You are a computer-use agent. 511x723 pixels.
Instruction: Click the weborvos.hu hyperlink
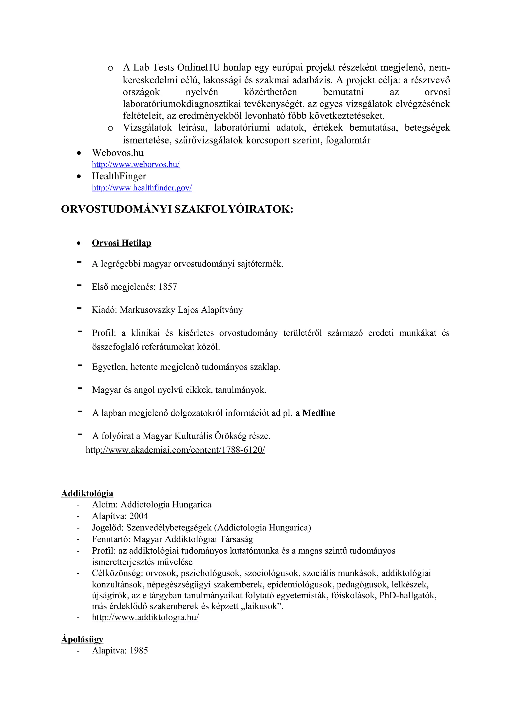click(x=135, y=164)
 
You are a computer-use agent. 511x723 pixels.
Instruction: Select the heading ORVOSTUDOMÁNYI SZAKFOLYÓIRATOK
click(x=177, y=209)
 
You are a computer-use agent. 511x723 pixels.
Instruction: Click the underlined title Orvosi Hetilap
click(x=121, y=243)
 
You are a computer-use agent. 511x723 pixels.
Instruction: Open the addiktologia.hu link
click(x=145, y=617)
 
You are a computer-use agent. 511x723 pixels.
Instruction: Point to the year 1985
click(x=138, y=651)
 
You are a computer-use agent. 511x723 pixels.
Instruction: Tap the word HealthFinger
click(x=119, y=176)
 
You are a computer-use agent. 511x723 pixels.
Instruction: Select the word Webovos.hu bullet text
click(x=118, y=153)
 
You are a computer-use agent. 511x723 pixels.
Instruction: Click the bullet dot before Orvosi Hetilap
click(x=79, y=243)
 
